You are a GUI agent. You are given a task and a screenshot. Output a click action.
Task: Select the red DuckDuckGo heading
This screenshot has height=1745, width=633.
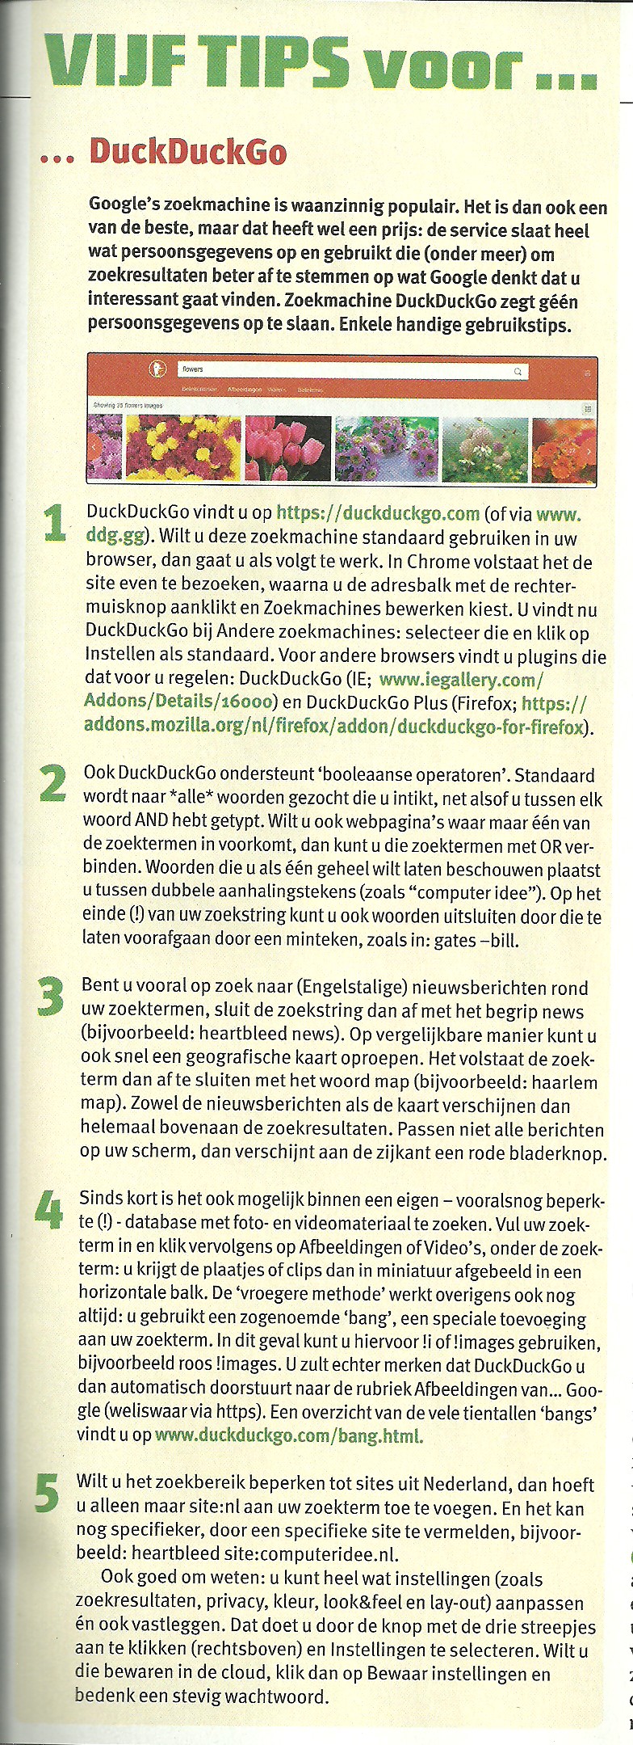187,152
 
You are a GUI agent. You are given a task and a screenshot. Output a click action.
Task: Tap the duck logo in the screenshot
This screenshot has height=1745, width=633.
157,369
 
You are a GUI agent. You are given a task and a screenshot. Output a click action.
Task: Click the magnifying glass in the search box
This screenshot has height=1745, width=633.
518,371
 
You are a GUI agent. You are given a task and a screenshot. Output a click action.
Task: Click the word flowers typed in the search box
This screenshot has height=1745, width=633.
193,369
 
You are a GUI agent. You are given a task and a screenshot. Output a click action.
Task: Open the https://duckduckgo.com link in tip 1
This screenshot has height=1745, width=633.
378,513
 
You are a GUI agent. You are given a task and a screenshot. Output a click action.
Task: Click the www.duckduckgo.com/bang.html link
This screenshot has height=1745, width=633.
288,1435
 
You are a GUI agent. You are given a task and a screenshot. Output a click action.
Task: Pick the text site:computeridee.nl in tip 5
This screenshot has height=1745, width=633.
309,1553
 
